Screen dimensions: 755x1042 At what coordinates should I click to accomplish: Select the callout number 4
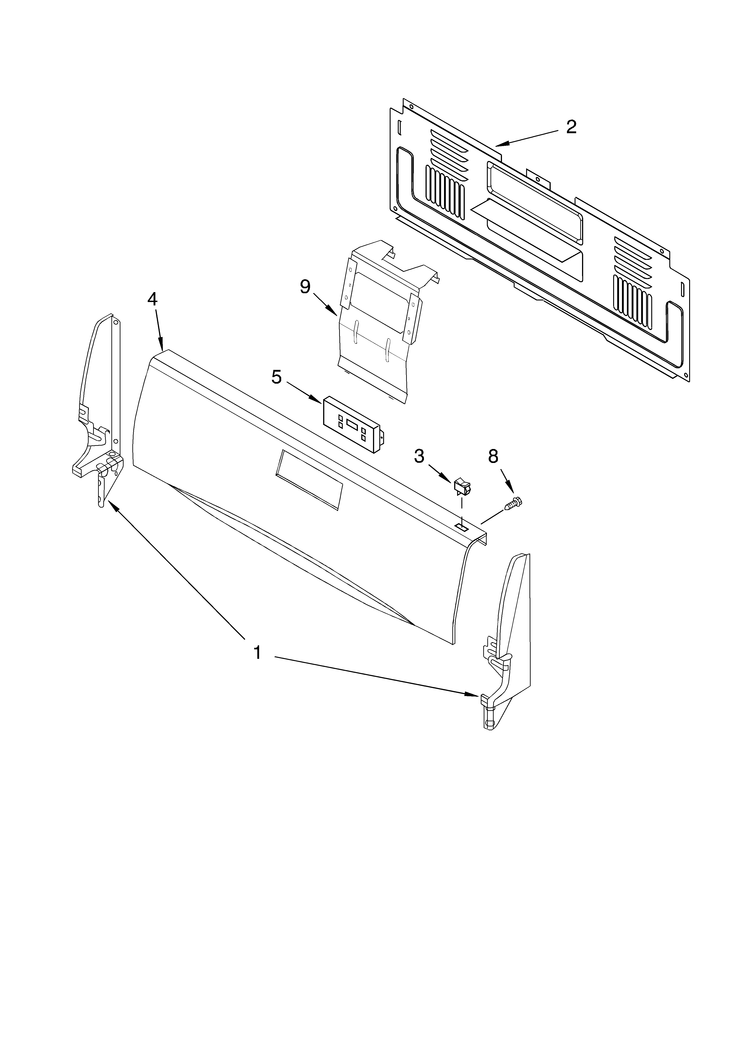152,299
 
